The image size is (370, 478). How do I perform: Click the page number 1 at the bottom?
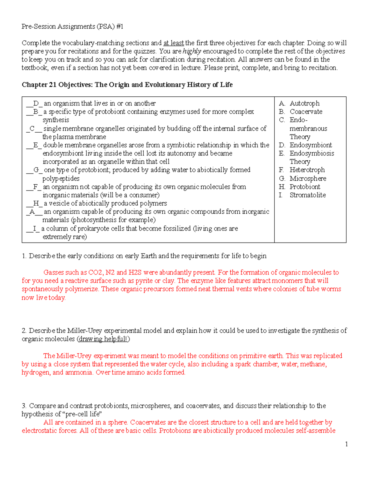pos(346,444)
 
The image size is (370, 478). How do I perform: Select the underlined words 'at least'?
pos(174,43)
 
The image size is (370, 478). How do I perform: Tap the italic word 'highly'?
pos(192,51)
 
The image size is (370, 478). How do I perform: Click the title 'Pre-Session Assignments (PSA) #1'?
pos(72,26)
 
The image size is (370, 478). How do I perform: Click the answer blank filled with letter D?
pos(35,103)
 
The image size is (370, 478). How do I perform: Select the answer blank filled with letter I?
pos(34,229)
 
